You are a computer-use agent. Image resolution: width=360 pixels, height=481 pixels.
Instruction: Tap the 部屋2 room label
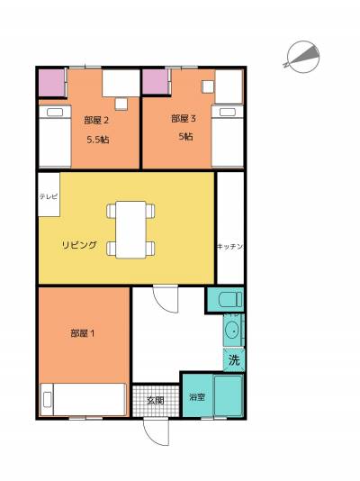pos(96,120)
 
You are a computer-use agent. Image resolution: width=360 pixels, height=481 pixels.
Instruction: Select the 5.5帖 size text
pos(97,140)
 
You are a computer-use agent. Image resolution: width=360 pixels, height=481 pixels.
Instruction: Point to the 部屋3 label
pos(184,118)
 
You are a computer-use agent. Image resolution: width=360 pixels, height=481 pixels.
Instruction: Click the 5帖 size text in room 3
pos(185,137)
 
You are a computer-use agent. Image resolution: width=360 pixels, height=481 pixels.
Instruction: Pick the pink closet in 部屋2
pos(51,83)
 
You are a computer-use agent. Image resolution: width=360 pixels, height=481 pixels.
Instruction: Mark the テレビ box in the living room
pos(49,195)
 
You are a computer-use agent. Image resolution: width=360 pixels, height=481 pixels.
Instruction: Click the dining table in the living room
pos(131,229)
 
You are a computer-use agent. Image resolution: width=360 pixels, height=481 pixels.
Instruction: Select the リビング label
pos(79,245)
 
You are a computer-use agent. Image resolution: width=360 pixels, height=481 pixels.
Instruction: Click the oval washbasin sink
pos(232,331)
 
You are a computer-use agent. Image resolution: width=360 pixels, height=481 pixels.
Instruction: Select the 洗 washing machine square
pos(233,361)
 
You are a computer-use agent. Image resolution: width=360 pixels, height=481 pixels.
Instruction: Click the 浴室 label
pos(197,396)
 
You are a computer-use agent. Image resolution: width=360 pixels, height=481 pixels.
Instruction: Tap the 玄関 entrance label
pos(156,400)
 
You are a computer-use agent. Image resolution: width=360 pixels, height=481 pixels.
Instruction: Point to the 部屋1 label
pos(84,333)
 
